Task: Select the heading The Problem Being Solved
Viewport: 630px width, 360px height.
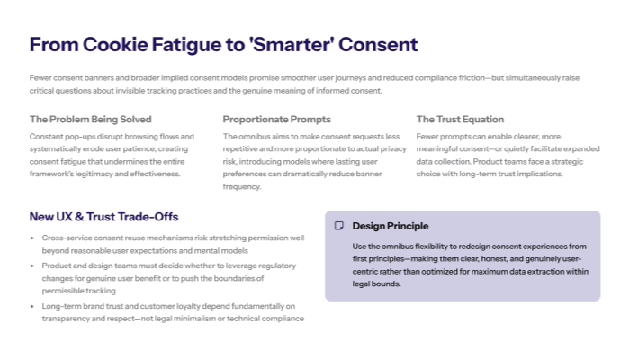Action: coord(90,119)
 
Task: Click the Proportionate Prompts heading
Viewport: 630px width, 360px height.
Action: coord(277,119)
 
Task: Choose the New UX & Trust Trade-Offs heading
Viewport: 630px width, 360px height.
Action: coord(103,217)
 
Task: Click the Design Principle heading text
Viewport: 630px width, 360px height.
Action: coord(391,226)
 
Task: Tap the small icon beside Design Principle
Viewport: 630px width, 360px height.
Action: coord(339,226)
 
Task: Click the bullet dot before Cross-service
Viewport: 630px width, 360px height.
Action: coord(33,238)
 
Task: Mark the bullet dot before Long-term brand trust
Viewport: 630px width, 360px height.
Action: coord(33,308)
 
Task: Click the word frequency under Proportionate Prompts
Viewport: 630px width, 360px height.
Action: coord(241,186)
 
